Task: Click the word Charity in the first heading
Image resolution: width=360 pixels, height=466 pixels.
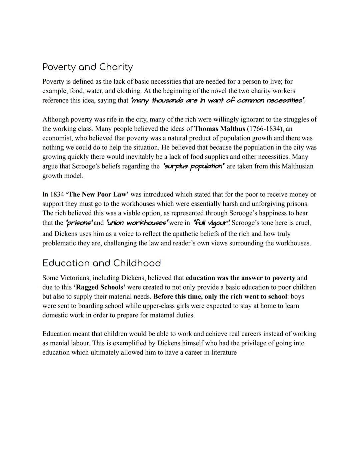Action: [116, 67]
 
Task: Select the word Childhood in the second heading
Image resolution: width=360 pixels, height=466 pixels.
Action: [137, 263]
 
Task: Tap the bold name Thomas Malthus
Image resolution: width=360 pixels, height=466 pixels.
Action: [220, 129]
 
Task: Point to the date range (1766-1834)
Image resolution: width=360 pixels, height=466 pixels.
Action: [265, 129]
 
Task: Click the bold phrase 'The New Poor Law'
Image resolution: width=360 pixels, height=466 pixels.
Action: [97, 194]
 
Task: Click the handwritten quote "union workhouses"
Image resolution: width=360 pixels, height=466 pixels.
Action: [137, 222]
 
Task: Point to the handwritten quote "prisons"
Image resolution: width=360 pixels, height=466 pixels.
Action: [79, 222]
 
